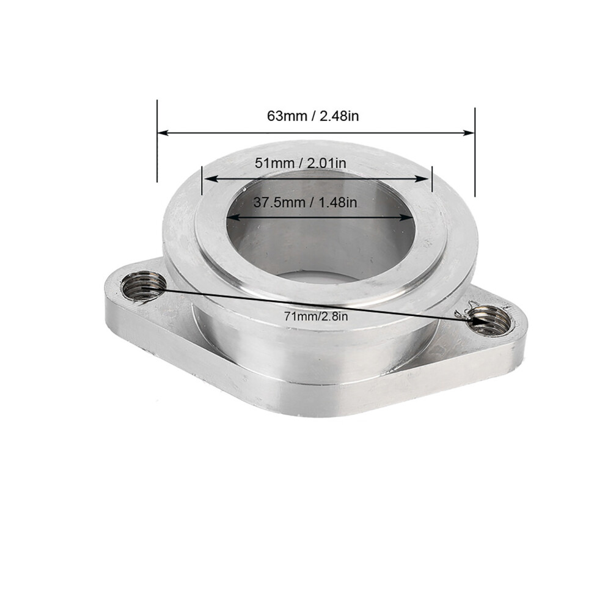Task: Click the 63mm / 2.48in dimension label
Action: click(x=313, y=116)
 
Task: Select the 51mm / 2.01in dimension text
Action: click(x=301, y=163)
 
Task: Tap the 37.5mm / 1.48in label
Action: click(x=305, y=202)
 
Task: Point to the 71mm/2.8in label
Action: click(x=316, y=317)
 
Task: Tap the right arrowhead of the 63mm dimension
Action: click(x=468, y=133)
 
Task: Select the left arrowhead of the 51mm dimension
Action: click(x=209, y=179)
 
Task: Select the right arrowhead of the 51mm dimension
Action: click(x=424, y=179)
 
